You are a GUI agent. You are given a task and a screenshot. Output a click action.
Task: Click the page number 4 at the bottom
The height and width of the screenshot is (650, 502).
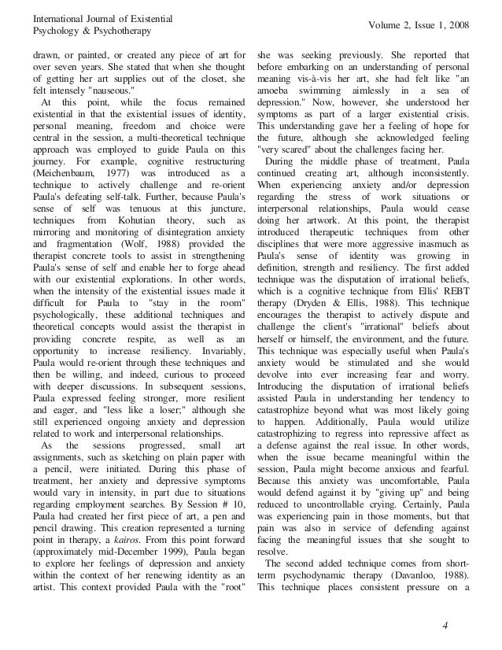point(445,626)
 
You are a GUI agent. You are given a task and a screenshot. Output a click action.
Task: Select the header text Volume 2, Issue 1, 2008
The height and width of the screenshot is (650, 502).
point(416,26)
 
